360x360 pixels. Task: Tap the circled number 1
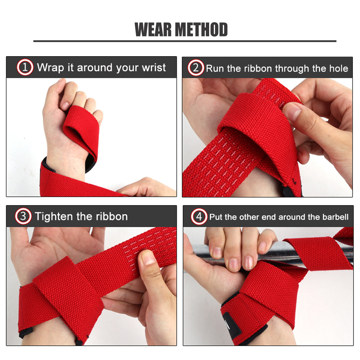click(x=25, y=68)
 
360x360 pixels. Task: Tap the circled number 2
click(x=196, y=68)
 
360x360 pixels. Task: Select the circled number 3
click(x=23, y=216)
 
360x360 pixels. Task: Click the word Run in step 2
click(x=213, y=68)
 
